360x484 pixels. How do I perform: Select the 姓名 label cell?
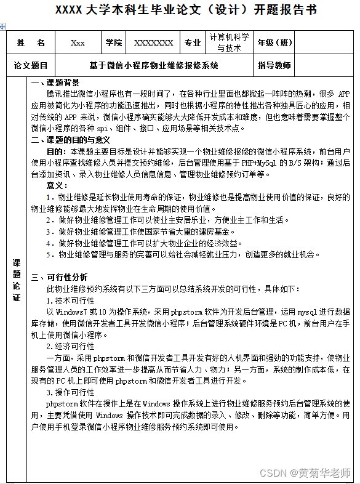point(31,43)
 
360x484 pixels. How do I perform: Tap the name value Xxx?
point(78,43)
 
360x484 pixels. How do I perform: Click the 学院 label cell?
point(113,43)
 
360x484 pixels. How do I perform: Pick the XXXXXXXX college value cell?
point(153,43)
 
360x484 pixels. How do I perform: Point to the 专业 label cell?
point(193,43)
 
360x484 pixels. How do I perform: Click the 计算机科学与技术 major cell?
point(229,43)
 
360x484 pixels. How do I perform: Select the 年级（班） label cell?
point(275,43)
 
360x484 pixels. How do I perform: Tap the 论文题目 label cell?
point(31,65)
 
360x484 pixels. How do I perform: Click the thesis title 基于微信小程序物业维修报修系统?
point(153,65)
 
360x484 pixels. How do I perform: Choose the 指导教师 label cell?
point(274,65)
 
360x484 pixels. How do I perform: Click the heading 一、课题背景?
point(55,83)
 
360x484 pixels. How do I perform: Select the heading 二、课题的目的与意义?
point(68,140)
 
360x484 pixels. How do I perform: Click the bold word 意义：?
point(59,185)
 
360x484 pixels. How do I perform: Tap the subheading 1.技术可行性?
point(70,300)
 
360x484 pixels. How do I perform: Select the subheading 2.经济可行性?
point(70,346)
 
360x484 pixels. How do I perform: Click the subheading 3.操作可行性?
point(70,392)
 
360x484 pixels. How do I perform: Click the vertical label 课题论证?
point(17,280)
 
